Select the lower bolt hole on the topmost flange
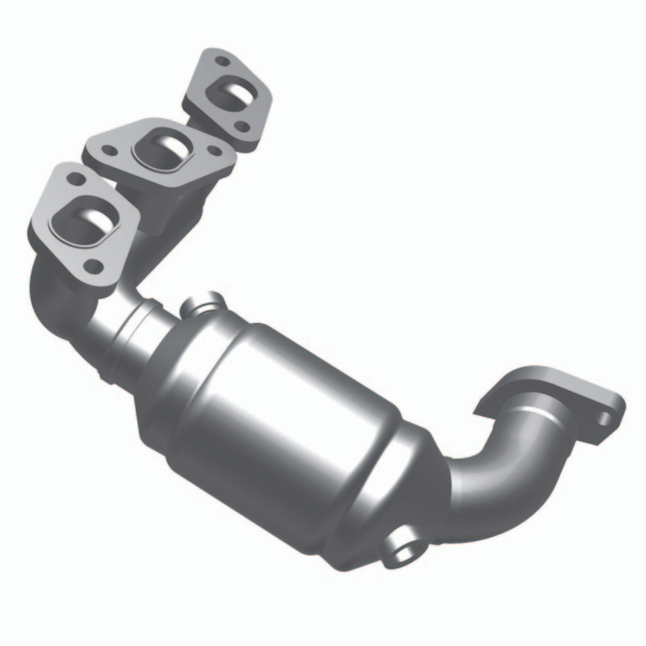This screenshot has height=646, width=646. [241, 125]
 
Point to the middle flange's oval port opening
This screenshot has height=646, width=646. [165, 149]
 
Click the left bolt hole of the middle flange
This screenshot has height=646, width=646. [109, 149]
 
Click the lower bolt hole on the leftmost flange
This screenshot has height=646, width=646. [94, 264]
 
